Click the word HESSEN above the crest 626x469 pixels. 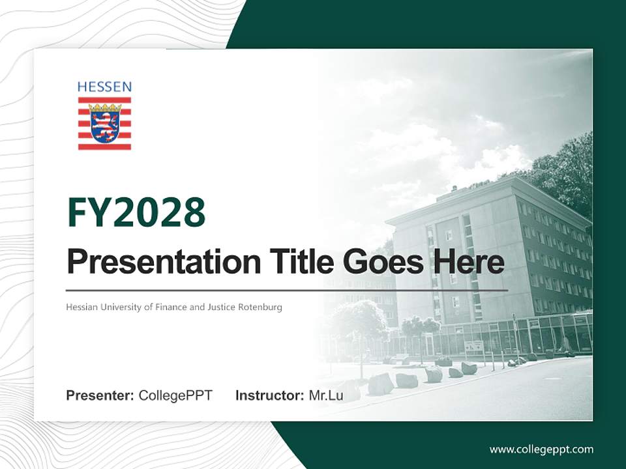coord(104,87)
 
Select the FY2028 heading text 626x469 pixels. coord(136,212)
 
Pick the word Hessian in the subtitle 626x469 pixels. coord(81,307)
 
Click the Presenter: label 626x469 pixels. coord(100,395)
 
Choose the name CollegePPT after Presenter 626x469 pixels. coord(175,395)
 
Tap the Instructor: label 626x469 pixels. coord(269,395)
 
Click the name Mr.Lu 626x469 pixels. coord(326,395)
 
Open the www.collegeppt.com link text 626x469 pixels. coord(541,449)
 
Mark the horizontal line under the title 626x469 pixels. coord(287,290)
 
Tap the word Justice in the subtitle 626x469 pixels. coord(222,307)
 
